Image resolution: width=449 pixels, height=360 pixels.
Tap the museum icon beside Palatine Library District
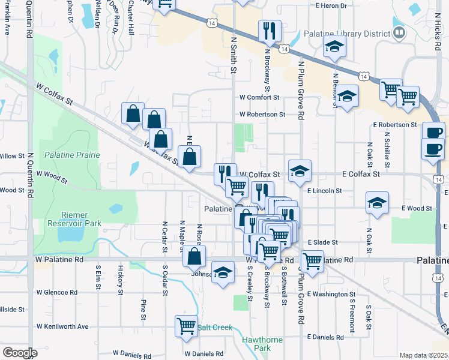[x=399, y=33]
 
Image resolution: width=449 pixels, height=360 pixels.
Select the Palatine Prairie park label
[x=71, y=155]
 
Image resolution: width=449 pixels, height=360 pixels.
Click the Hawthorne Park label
[x=262, y=344]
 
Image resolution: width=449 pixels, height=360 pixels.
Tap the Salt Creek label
[x=215, y=328]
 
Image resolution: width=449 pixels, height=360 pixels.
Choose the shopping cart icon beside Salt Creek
[x=186, y=326]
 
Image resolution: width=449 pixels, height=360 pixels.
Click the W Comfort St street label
[x=259, y=97]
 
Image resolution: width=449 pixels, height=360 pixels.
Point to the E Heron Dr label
[x=331, y=5]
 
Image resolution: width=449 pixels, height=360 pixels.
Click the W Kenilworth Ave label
[x=62, y=327]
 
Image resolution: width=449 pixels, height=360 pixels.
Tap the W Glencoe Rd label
[x=57, y=292]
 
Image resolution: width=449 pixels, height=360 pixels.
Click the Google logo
[x=20, y=352]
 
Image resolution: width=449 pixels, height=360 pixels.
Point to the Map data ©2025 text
[x=423, y=355]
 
